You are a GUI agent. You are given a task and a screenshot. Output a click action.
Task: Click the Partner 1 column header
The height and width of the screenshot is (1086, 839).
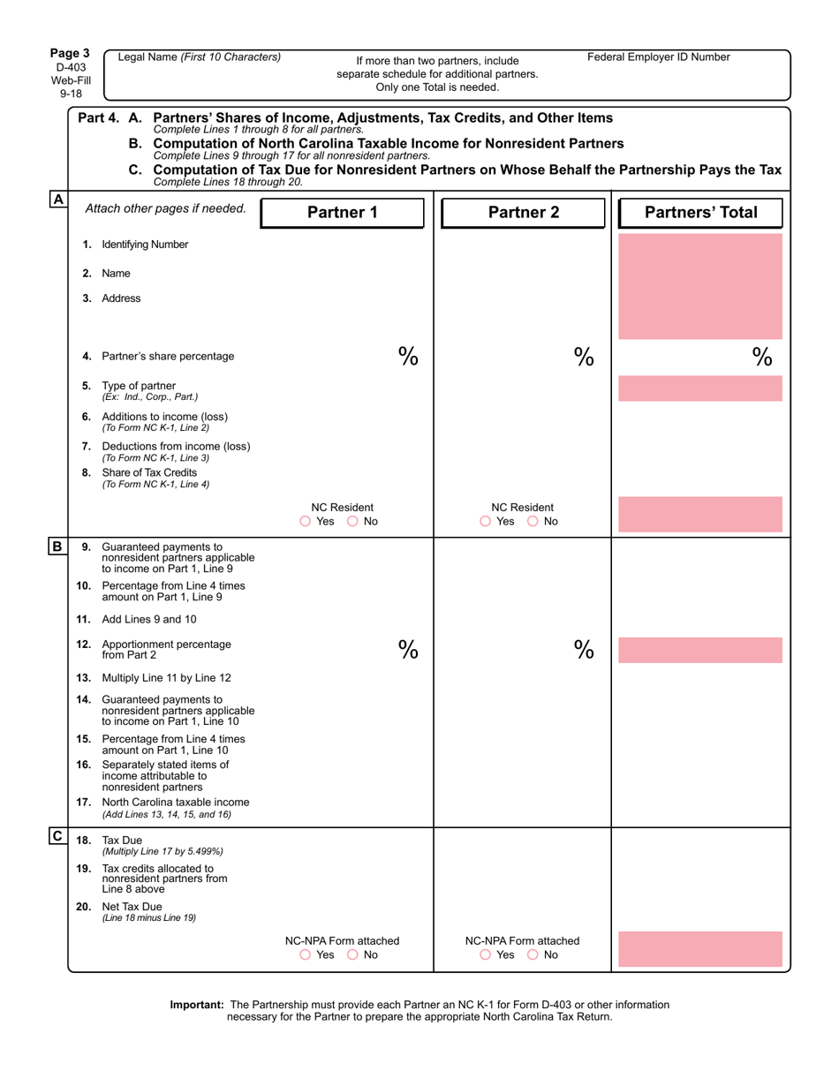(342, 213)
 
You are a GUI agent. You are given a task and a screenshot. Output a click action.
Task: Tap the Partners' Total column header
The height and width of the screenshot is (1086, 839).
(701, 213)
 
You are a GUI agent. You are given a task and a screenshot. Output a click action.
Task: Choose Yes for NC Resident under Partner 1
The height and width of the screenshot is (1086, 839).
(306, 522)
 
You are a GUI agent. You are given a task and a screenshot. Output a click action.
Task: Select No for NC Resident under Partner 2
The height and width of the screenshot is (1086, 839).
(533, 522)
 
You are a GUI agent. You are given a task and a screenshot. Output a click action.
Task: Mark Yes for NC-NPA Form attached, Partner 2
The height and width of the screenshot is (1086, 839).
(486, 954)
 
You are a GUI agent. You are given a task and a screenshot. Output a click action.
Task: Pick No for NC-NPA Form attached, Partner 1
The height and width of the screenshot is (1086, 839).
(353, 954)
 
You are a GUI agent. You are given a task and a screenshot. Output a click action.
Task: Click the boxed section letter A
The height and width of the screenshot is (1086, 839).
(57, 200)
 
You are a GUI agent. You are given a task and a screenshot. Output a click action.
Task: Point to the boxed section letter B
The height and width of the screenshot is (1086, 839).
(57, 547)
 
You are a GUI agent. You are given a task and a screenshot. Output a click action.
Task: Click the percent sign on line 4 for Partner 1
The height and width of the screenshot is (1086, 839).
(407, 356)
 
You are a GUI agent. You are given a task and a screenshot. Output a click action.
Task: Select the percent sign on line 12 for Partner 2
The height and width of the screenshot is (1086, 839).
(584, 649)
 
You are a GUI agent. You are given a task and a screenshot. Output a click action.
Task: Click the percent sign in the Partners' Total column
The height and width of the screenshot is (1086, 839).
(762, 356)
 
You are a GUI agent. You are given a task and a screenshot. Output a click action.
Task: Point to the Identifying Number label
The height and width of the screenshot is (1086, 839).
(145, 244)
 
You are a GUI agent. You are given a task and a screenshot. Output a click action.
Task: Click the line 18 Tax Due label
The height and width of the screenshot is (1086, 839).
(122, 840)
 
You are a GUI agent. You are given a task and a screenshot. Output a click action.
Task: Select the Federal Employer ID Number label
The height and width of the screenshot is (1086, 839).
(659, 57)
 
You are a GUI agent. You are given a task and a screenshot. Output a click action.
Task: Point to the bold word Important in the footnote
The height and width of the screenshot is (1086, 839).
(197, 1005)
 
